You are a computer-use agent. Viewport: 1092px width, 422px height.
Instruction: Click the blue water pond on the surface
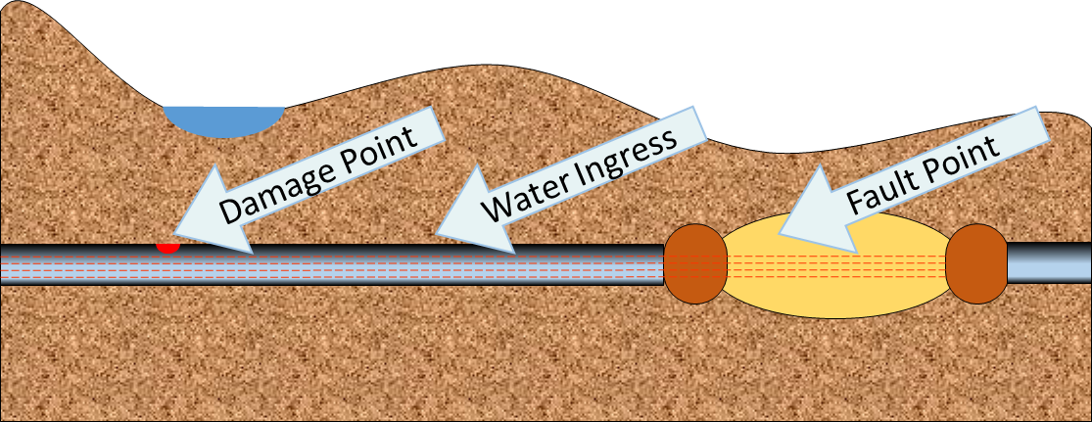pos(223,120)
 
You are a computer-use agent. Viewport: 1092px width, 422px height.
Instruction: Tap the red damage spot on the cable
pos(169,248)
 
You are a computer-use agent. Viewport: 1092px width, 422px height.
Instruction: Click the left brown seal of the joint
pos(695,264)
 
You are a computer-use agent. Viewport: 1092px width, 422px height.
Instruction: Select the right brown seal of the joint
pos(976,264)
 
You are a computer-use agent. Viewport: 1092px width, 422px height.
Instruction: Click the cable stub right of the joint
pos(1049,264)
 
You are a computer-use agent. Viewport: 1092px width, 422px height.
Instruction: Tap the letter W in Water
pos(502,207)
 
